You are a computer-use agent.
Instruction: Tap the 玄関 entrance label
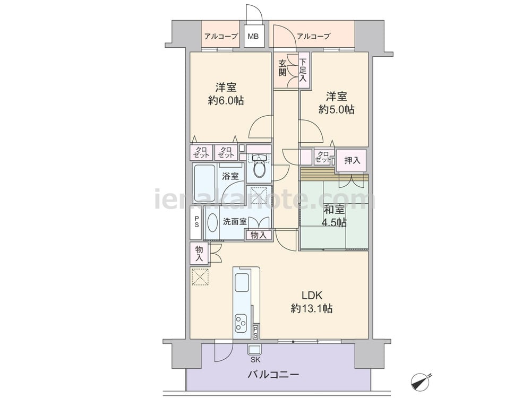tap(282, 68)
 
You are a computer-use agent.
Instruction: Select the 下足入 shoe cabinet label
tap(303, 70)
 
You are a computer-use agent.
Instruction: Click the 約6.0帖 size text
tap(226, 100)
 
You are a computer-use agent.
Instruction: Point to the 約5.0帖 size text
tap(336, 109)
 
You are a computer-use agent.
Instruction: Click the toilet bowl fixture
tap(260, 168)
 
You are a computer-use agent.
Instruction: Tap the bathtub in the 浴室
tap(204, 183)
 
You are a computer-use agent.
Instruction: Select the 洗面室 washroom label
tap(234, 222)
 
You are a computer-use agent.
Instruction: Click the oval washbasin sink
tap(212, 223)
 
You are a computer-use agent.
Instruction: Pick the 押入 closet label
tap(352, 160)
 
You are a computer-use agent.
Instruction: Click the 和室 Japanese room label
tap(334, 210)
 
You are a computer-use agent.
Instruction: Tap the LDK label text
tap(312, 296)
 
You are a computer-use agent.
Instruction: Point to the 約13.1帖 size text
tap(312, 308)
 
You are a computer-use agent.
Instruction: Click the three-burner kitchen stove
tap(241, 323)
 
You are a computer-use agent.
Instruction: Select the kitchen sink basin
tap(242, 283)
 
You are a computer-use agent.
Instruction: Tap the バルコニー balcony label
tap(273, 375)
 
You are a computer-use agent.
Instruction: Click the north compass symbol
tap(421, 382)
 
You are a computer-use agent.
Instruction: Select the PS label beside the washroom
tap(196, 222)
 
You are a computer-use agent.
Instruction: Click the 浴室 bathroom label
tap(230, 176)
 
